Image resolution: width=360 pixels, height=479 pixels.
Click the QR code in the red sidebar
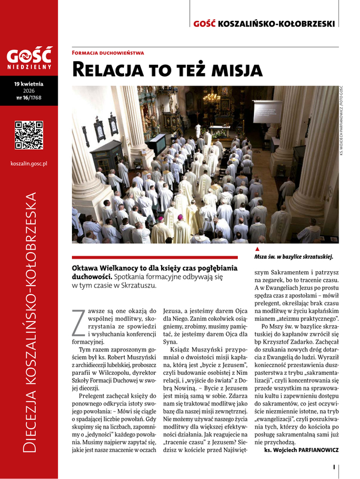(x=29, y=135)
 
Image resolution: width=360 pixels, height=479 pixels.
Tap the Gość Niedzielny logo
(x=29, y=59)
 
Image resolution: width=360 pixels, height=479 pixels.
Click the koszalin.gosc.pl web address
(x=29, y=163)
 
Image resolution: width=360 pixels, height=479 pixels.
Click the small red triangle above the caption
(x=257, y=248)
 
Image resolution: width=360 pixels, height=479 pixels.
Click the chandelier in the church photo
(x=211, y=96)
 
